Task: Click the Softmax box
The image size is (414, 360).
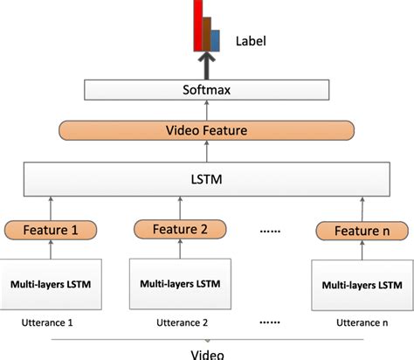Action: pyautogui.click(x=206, y=90)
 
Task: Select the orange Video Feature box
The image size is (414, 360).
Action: pyautogui.click(x=206, y=131)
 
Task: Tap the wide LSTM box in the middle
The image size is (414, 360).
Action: pyautogui.click(x=206, y=182)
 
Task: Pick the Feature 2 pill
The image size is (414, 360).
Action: pyautogui.click(x=180, y=230)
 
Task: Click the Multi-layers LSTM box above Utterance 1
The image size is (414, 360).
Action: pyautogui.click(x=53, y=284)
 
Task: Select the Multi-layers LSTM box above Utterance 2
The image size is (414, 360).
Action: pyautogui.click(x=181, y=285)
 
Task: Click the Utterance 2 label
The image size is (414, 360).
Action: pyautogui.click(x=180, y=323)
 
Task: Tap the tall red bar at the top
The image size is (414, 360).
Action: pyautogui.click(x=199, y=24)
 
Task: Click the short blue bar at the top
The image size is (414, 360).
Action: pyautogui.click(x=215, y=39)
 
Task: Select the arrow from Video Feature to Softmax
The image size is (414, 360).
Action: pyautogui.click(x=206, y=111)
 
